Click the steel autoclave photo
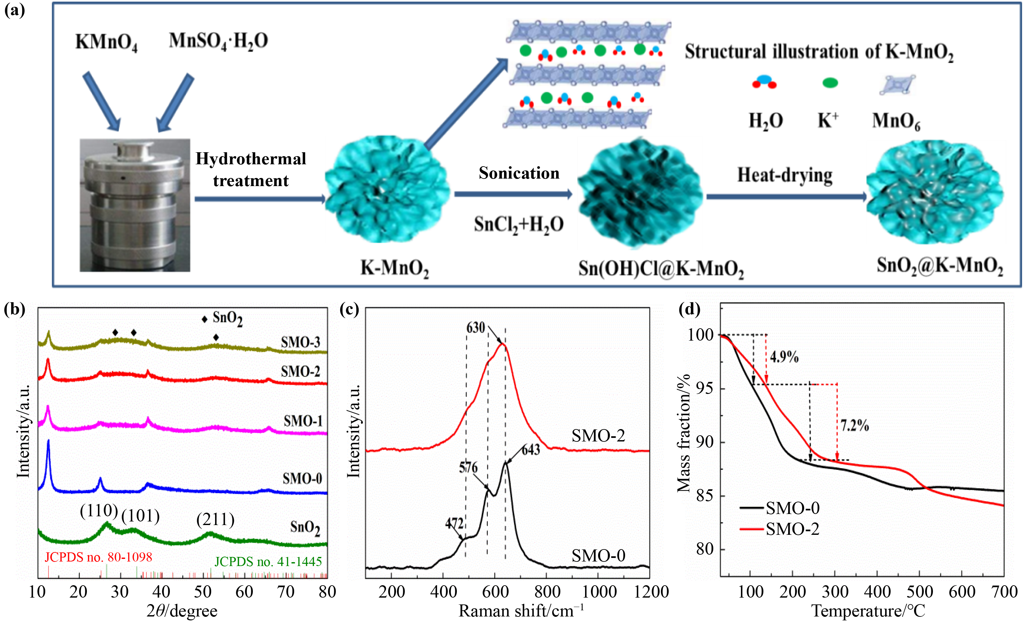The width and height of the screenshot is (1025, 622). point(135,205)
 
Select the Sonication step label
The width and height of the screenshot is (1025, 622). point(519,173)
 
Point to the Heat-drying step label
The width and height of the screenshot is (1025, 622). point(785,175)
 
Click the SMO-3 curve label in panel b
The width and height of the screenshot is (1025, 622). point(300,342)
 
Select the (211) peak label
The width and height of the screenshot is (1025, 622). point(215,520)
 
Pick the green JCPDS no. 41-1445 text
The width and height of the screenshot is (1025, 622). point(268,562)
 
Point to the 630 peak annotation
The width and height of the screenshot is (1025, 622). point(475,328)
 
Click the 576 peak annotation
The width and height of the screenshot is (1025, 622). point(468,467)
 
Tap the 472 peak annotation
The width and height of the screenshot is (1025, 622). point(454,523)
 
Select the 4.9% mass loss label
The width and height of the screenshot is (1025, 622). point(784,357)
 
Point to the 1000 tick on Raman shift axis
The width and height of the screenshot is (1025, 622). point(599,592)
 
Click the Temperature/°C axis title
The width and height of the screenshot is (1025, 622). point(868,611)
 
